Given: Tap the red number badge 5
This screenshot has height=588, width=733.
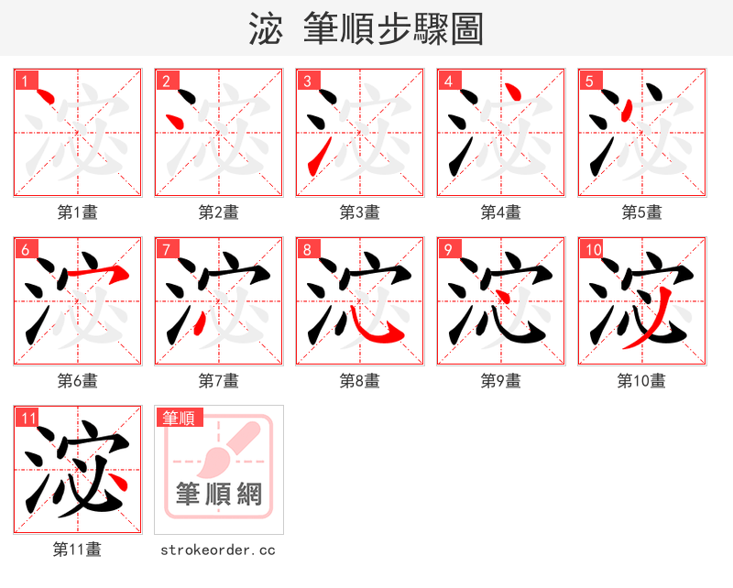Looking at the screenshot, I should tap(589, 81).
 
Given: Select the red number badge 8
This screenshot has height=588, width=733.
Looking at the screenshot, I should tap(307, 249).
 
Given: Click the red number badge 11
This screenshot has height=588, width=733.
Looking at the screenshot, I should tap(27, 418).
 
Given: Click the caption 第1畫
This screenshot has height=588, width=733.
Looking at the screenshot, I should tap(78, 212).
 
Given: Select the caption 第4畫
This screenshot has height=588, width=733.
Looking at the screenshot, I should tap(501, 212).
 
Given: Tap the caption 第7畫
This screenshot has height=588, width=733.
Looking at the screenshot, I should tap(219, 381).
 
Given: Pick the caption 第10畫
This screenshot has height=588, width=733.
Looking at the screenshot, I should tap(641, 381).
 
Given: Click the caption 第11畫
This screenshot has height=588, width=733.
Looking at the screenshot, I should tap(78, 550).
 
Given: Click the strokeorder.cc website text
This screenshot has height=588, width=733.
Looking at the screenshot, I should tap(218, 550).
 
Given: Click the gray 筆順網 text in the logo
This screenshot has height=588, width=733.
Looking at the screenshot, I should tap(219, 495).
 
